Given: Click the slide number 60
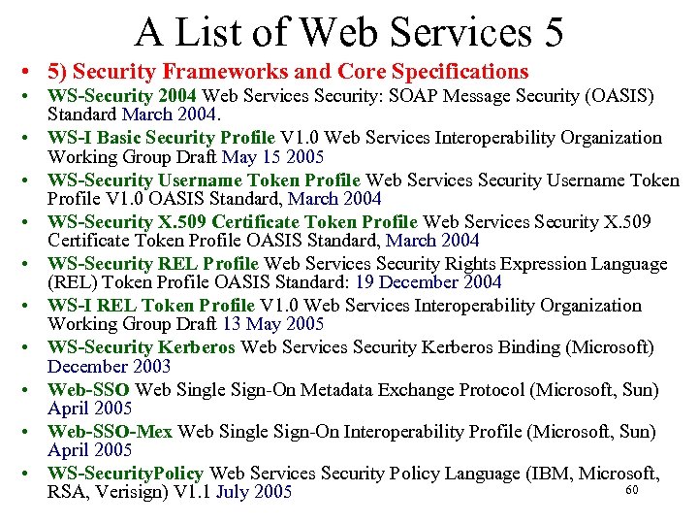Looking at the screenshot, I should [632, 490].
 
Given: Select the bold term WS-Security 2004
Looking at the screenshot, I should [121, 96].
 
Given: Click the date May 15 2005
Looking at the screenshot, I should [272, 157].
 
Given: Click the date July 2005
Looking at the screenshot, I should [254, 492].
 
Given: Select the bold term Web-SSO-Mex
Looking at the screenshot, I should [110, 431].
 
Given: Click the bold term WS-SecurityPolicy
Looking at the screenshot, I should [125, 474].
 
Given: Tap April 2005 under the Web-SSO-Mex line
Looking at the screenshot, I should [89, 450].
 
